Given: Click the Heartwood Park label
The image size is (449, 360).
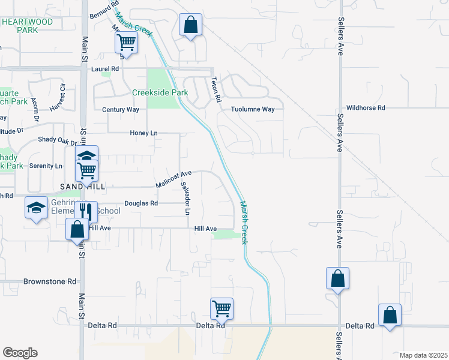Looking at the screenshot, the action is click(x=27, y=25).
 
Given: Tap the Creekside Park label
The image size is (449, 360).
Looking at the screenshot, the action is click(x=160, y=92).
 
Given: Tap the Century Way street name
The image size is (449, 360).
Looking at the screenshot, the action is click(x=120, y=110).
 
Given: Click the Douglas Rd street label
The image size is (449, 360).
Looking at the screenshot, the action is click(x=141, y=203).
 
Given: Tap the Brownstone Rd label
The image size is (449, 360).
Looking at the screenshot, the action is click(x=50, y=281).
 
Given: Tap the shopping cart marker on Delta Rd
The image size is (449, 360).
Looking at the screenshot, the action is click(x=221, y=309).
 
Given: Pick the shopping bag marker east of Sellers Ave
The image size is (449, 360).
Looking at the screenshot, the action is click(x=390, y=314).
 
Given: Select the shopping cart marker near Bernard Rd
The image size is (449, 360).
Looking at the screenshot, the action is click(x=127, y=42).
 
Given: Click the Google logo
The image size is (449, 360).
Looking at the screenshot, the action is click(x=20, y=353).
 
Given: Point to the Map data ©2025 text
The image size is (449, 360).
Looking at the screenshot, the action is click(x=423, y=355).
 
